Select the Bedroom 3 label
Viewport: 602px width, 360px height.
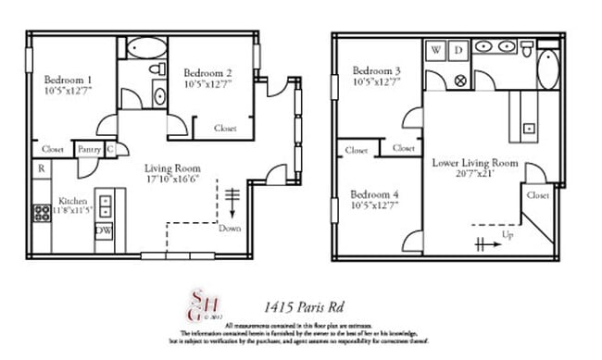(x=376, y=71)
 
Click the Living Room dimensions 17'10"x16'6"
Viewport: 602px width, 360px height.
(x=172, y=181)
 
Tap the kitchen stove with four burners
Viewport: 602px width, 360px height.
(x=43, y=213)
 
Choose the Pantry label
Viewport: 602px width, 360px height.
(x=89, y=148)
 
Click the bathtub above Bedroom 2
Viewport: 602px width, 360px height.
(x=144, y=49)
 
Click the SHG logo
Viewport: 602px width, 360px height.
(x=193, y=304)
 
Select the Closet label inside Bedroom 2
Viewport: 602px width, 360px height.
(x=224, y=129)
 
